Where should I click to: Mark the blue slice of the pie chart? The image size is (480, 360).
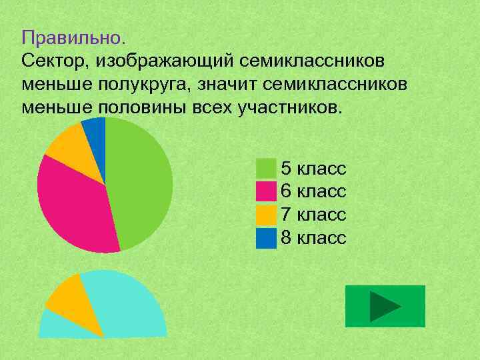(x=95, y=130)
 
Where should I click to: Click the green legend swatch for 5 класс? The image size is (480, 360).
(x=266, y=167)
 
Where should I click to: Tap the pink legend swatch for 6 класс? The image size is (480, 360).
(x=266, y=191)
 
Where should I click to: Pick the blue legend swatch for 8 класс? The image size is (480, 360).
(x=266, y=238)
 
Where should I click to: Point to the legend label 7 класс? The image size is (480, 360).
(x=313, y=215)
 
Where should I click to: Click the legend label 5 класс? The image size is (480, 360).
(x=313, y=167)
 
